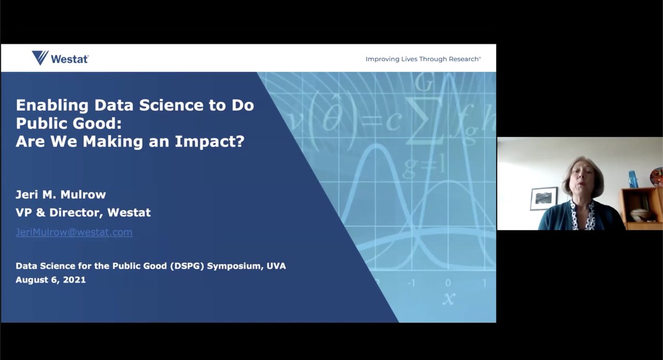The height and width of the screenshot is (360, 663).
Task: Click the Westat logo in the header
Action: point(60,58)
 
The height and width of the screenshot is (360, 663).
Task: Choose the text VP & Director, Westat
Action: point(83,212)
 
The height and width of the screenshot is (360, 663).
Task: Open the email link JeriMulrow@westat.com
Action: point(74,232)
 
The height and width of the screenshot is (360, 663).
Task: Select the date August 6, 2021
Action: point(50,280)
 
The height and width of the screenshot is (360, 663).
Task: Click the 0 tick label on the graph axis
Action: point(448,283)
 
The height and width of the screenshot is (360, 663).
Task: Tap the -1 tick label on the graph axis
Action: point(411,283)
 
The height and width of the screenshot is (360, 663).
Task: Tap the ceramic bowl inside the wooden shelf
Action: point(639,214)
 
